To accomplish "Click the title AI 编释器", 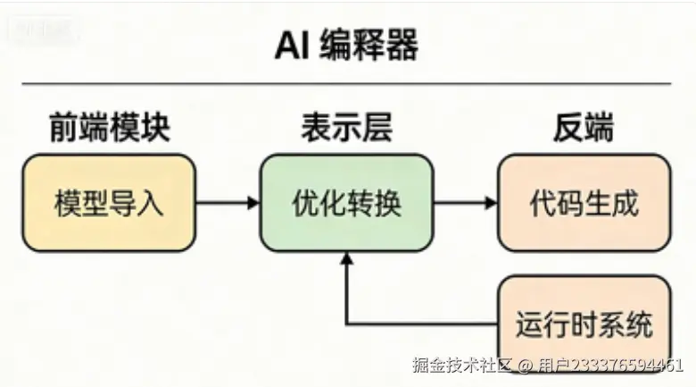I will click(x=347, y=45).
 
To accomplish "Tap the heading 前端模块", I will click(x=109, y=128).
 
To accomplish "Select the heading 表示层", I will click(x=346, y=128).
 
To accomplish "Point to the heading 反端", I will click(x=583, y=128).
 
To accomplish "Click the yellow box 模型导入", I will click(x=109, y=203).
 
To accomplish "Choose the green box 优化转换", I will click(x=346, y=203).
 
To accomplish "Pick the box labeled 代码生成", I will click(x=583, y=203).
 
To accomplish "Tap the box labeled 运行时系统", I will click(x=583, y=323).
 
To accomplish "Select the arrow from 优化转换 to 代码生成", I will click(x=465, y=203).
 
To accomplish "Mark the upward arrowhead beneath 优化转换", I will click(x=346, y=259).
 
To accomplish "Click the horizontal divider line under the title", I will click(x=347, y=83).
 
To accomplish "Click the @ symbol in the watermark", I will click(x=526, y=365).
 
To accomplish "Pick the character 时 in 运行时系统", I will click(x=583, y=323).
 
